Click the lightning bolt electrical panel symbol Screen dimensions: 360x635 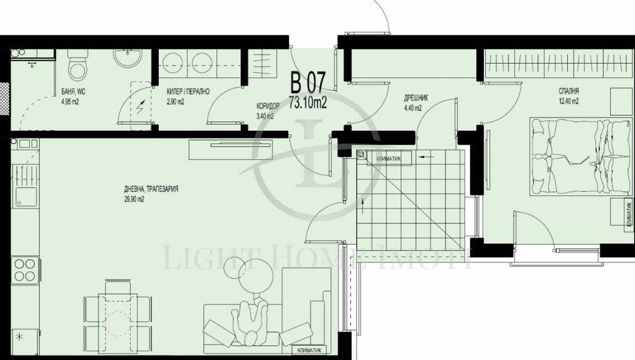click(x=140, y=106)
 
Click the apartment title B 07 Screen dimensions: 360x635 click(x=308, y=83)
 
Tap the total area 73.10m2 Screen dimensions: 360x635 click(x=308, y=102)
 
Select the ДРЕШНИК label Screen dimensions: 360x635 click(x=417, y=98)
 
